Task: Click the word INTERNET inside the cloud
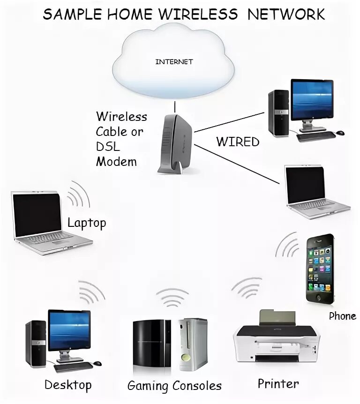(x=174, y=61)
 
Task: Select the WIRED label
(x=238, y=142)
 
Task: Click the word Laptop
(x=87, y=223)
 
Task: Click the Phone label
(x=342, y=316)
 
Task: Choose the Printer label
(x=278, y=384)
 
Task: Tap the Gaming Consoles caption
(x=174, y=386)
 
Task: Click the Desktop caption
(x=68, y=385)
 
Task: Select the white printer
(x=277, y=337)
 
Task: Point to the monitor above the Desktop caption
(x=69, y=330)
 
